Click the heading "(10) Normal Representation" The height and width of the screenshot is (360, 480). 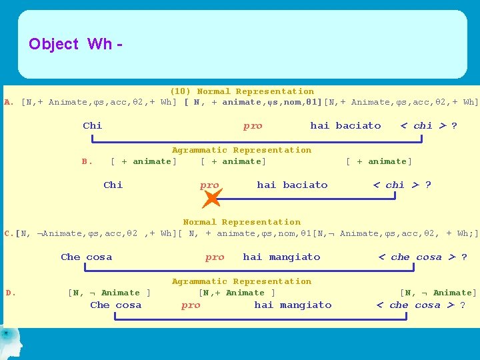(241, 91)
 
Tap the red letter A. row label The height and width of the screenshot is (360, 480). (8, 103)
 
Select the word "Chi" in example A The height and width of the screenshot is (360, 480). (92, 125)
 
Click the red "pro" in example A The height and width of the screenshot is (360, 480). (253, 125)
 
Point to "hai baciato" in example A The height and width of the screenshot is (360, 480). (345, 125)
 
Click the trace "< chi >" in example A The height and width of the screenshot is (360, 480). (423, 125)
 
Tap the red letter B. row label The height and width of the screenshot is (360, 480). (86, 161)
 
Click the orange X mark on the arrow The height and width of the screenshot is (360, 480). (211, 198)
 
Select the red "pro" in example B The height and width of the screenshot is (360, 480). (209, 185)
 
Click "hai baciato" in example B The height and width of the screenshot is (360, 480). (292, 185)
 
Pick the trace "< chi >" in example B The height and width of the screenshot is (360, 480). (396, 185)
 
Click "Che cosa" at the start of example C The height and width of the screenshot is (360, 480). (86, 257)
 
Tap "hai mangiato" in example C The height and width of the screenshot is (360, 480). (281, 257)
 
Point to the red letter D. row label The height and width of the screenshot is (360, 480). (11, 293)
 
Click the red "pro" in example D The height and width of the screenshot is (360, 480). (191, 305)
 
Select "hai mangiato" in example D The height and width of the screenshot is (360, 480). (293, 305)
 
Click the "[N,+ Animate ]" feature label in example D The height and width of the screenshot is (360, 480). (237, 293)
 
